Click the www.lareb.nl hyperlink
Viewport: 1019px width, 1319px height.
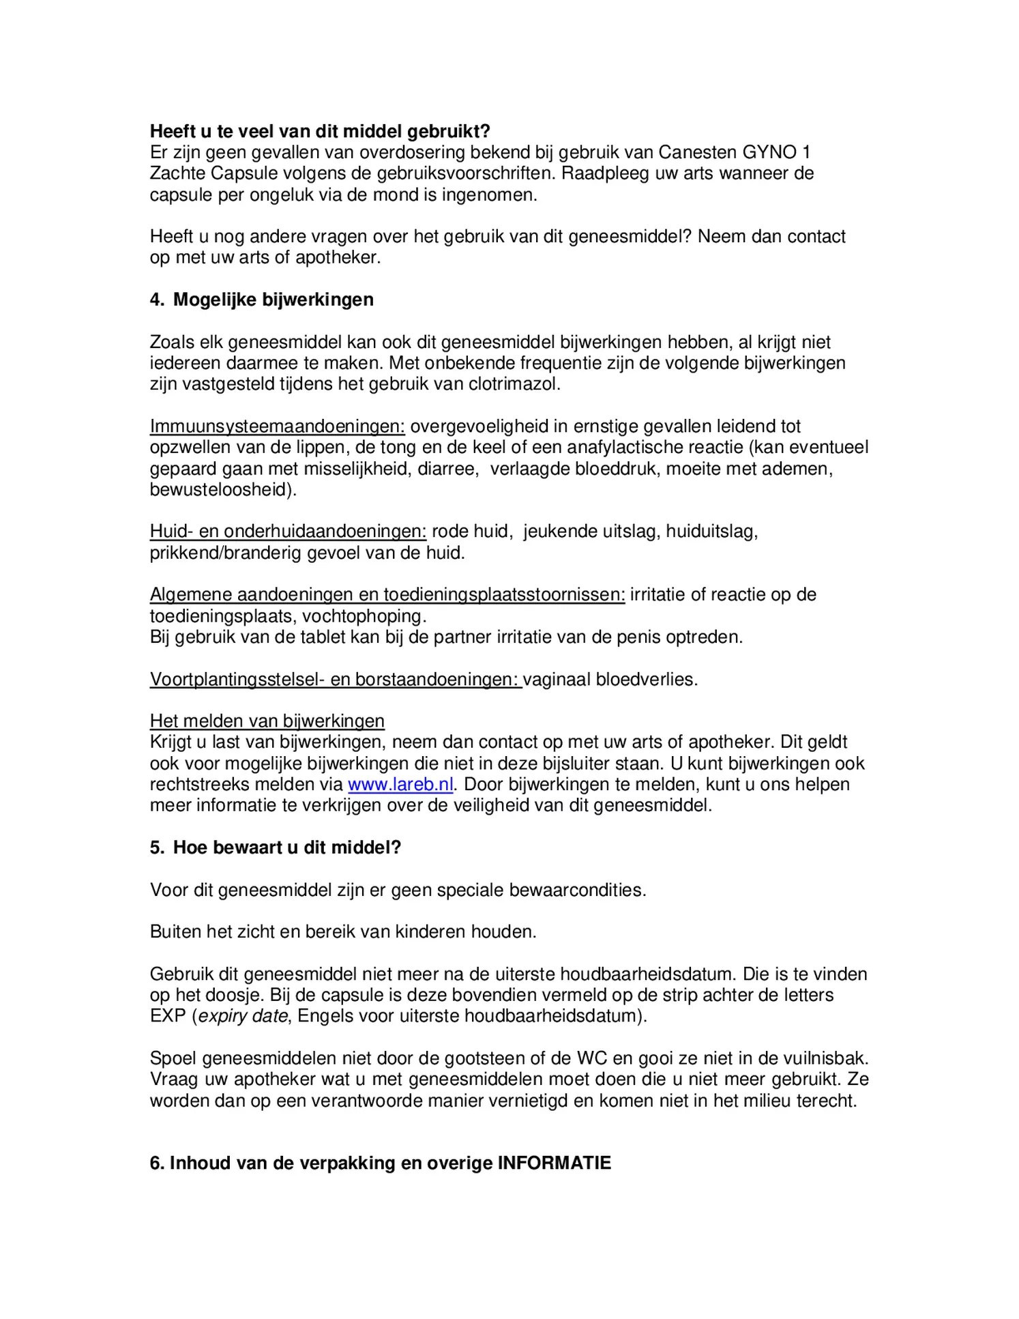point(400,785)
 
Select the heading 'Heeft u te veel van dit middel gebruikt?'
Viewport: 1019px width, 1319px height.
point(320,131)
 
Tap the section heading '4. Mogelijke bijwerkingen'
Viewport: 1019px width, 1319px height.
point(262,300)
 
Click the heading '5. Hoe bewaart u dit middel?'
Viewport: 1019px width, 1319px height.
point(276,847)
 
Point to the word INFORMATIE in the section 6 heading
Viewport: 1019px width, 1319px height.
point(554,1163)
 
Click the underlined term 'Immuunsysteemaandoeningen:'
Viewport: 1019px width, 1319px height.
point(277,426)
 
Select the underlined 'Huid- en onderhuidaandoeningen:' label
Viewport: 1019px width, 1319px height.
point(288,532)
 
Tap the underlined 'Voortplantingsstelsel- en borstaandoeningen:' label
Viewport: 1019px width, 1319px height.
point(336,680)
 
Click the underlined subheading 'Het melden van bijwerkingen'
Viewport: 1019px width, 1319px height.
point(267,721)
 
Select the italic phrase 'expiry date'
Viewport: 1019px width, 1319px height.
point(243,1016)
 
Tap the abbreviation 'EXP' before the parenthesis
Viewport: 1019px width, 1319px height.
point(168,1016)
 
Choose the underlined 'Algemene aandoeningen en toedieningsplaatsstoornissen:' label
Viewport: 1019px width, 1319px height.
point(387,595)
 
